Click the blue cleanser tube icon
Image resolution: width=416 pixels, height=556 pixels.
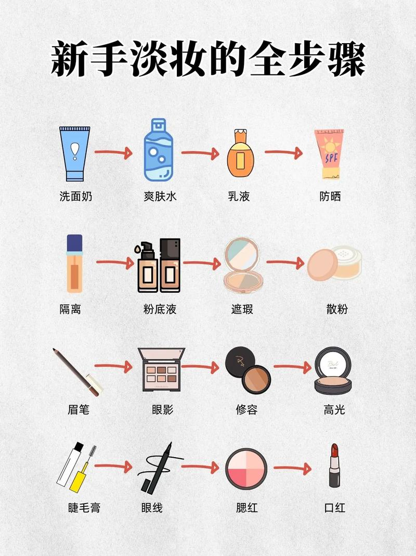point(75,152)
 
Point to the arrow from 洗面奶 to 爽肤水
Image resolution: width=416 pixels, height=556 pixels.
point(113,153)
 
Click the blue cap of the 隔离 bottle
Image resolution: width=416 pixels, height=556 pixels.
point(75,243)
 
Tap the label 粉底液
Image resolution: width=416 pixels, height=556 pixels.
point(160,309)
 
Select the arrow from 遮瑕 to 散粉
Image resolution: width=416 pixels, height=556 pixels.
point(284,263)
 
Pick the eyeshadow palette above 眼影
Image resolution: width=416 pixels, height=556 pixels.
point(161,370)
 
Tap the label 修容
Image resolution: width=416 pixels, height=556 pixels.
point(246,410)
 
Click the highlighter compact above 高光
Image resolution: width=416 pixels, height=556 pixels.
point(333,371)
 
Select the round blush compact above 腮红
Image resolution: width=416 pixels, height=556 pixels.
point(246,469)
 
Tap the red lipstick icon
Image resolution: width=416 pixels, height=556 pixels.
point(334,466)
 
